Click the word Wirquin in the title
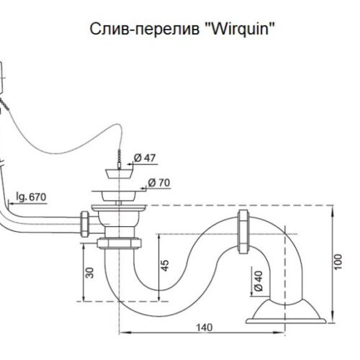240,30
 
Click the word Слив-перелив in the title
145,30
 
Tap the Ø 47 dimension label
145,158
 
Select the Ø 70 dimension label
159,183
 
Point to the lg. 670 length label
31,197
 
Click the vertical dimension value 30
90,273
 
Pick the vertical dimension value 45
165,266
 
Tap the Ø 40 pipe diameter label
258,281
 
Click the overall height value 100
338,262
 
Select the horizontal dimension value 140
204,328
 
